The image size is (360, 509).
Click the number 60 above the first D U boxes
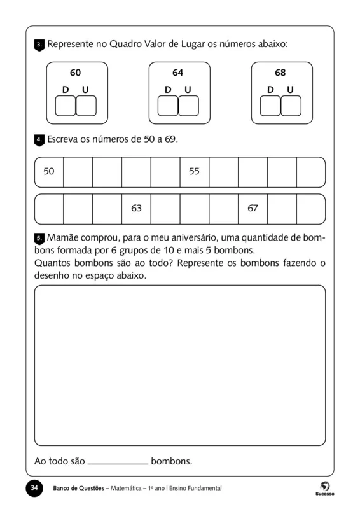coord(75,73)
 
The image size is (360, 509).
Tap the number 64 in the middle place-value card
coord(177,73)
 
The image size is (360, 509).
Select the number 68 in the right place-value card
coord(280,73)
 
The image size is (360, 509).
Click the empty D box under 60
coord(66,106)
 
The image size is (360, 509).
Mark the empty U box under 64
coord(188,106)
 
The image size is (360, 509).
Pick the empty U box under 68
coord(291,106)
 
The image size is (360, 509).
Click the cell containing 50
coord(49,171)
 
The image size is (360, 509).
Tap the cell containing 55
coord(194,171)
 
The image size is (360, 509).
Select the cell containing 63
coord(136,208)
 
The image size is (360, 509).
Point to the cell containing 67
coord(253,208)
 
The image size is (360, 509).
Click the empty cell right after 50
coord(78,172)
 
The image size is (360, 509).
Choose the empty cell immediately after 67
coord(282,209)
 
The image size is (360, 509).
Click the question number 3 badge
coord(39,45)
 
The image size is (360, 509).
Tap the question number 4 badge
coord(39,139)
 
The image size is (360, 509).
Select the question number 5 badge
coord(39,238)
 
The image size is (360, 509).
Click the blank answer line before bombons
coord(117,462)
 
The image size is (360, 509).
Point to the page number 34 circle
coord(34,488)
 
